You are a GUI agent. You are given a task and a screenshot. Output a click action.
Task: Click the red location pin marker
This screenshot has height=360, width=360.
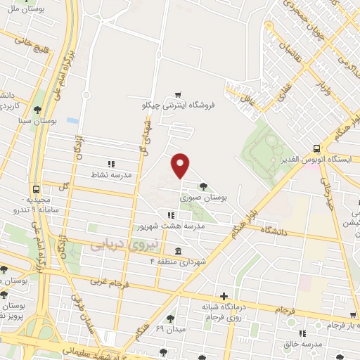181,165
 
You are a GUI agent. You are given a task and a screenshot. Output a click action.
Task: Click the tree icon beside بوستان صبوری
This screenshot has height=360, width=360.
203,186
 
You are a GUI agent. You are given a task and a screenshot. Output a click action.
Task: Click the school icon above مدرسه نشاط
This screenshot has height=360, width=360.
110,162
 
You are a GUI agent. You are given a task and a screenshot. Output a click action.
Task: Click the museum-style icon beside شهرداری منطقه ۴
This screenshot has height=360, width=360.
176,251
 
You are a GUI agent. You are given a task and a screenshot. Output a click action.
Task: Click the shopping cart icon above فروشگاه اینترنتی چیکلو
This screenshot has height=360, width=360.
179,94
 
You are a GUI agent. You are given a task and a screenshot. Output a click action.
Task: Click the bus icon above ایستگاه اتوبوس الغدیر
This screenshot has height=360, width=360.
317,148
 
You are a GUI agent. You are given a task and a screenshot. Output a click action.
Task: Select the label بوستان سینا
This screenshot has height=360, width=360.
34,121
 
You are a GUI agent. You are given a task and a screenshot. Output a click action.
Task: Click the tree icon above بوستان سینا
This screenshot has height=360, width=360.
36,109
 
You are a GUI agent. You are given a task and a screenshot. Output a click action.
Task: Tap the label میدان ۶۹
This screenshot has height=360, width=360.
169,328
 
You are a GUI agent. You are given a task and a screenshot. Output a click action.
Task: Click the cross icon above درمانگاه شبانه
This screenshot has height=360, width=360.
224,296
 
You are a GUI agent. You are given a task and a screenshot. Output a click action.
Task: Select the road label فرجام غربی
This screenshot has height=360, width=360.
105,282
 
